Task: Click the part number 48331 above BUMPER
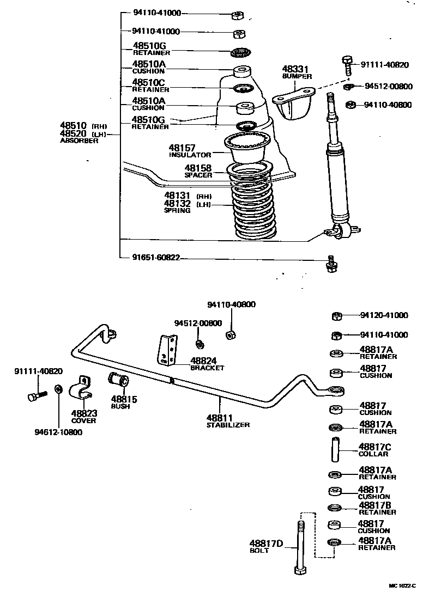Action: pos(295,69)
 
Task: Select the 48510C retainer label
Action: pos(149,82)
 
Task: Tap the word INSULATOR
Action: pos(189,155)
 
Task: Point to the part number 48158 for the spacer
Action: pos(198,168)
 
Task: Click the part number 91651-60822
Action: pos(156,258)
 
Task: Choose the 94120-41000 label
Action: pos(384,315)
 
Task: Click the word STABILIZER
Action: pos(228,424)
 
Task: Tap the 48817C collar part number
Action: pos(375,447)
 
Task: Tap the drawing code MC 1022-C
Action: pos(402,586)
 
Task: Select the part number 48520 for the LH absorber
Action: pos(74,133)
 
